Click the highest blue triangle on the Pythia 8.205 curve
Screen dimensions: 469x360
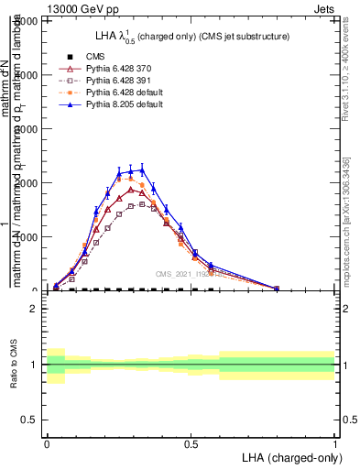(x=141, y=169)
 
